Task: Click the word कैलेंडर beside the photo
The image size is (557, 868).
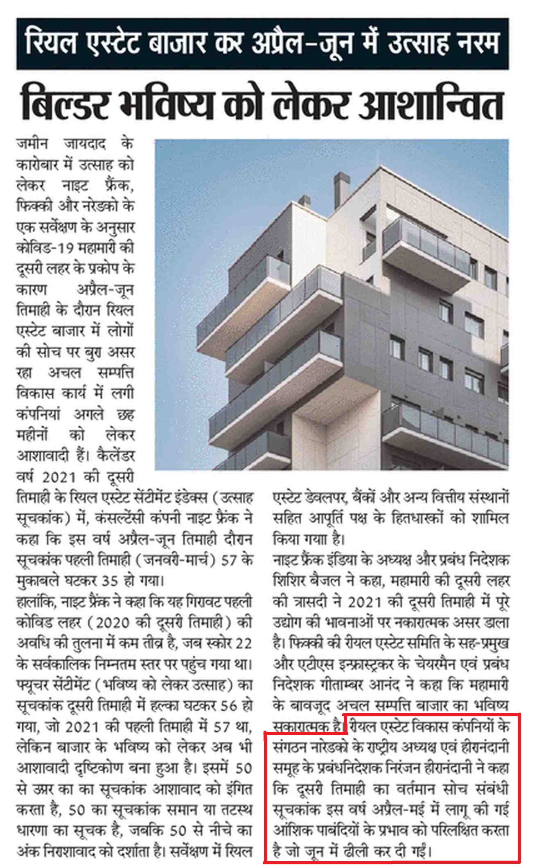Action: click(x=116, y=455)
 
